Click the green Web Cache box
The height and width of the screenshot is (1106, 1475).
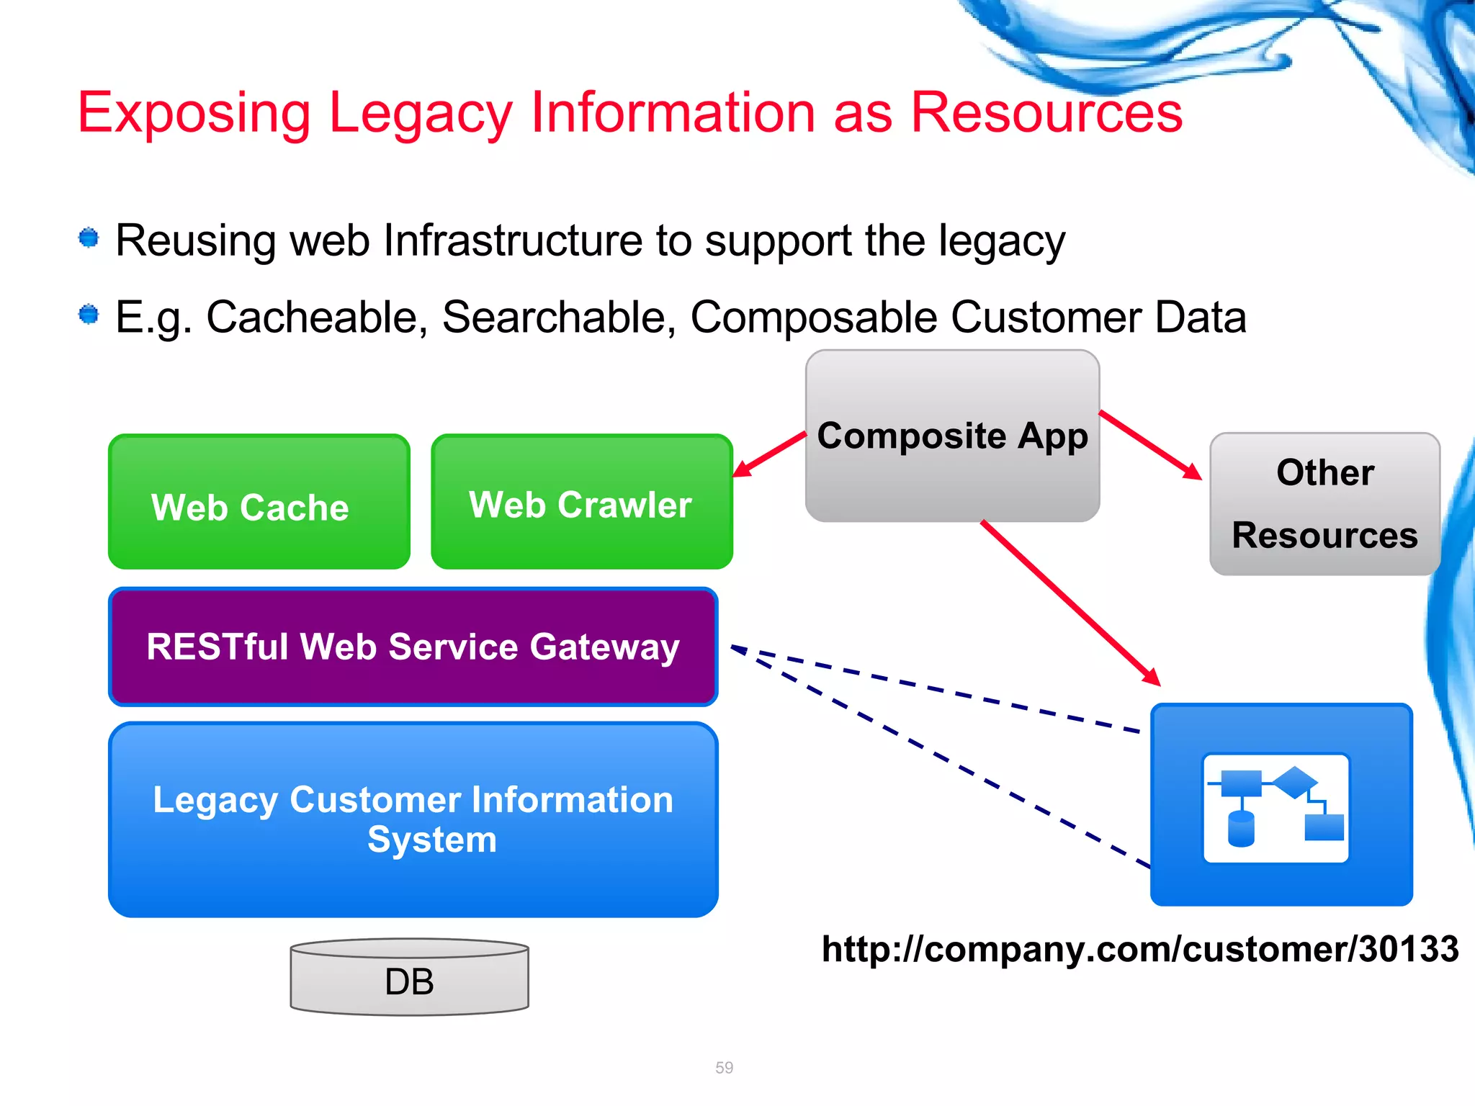tap(259, 502)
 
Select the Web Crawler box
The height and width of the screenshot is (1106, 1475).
tap(581, 502)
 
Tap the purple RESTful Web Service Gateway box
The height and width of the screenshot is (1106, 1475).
tap(413, 647)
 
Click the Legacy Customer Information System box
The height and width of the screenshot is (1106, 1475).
tap(413, 819)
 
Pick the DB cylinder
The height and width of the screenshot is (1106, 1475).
tap(409, 979)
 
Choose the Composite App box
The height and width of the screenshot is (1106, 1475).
tap(952, 436)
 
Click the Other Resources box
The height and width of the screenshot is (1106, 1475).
tap(1324, 504)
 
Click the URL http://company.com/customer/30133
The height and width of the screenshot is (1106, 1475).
tap(1140, 949)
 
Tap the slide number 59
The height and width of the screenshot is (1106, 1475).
tap(724, 1067)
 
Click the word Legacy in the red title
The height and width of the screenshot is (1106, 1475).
tap(420, 114)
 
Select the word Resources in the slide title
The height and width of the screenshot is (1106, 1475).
tap(1046, 113)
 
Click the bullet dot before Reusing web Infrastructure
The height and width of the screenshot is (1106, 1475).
tap(89, 238)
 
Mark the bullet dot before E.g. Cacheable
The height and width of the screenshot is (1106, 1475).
tap(89, 315)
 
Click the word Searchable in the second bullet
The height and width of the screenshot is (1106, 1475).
tap(559, 317)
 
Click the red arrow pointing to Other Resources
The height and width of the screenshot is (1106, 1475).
tap(1151, 445)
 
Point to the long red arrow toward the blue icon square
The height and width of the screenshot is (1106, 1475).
tap(1070, 603)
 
